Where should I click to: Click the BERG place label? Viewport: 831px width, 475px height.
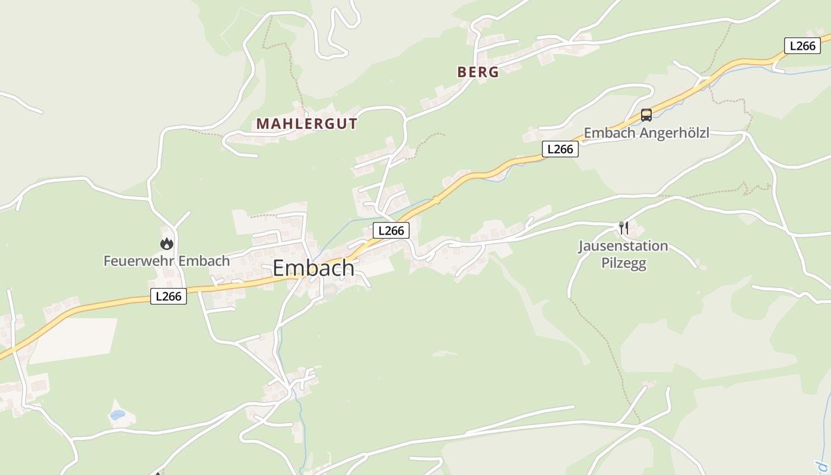(478, 72)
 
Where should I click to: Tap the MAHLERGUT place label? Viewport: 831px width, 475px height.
(306, 123)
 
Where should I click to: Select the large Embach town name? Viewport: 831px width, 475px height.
(313, 268)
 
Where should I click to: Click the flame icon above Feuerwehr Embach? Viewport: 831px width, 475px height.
(166, 243)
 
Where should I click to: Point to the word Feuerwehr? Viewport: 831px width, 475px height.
(138, 261)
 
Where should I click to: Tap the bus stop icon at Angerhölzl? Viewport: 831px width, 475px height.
(646, 115)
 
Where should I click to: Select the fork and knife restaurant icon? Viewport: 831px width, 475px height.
(623, 227)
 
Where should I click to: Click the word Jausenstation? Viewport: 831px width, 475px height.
(623, 246)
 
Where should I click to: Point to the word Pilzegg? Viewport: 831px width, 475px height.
(623, 263)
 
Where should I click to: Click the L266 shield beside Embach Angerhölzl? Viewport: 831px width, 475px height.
(560, 149)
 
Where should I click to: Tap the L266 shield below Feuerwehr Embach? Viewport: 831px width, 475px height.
(169, 296)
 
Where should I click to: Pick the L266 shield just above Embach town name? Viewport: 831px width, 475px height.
(391, 230)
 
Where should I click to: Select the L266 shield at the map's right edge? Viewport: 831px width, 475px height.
(802, 46)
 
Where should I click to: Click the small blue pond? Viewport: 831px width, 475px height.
(117, 414)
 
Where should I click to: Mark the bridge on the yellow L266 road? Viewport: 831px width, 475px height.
(437, 200)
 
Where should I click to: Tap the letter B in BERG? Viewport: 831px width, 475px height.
(462, 72)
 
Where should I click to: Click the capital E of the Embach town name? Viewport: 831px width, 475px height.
(278, 268)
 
